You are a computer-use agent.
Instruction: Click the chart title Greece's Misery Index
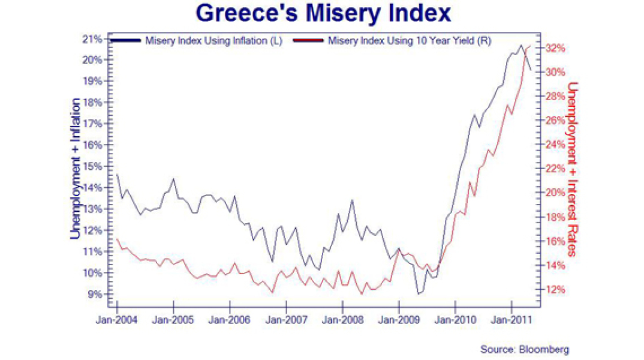click(323, 13)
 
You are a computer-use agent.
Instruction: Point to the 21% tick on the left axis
click(97, 39)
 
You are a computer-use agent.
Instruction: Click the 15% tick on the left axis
click(97, 166)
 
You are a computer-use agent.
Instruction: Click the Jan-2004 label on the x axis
click(117, 320)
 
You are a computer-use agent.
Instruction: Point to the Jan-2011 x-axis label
click(511, 320)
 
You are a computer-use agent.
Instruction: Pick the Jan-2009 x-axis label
click(399, 320)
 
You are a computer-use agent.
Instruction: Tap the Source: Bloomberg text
click(524, 349)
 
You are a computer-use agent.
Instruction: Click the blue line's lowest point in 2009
click(419, 294)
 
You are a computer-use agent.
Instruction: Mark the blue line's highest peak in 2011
click(521, 45)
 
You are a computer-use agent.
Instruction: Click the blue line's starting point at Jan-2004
click(117, 175)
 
